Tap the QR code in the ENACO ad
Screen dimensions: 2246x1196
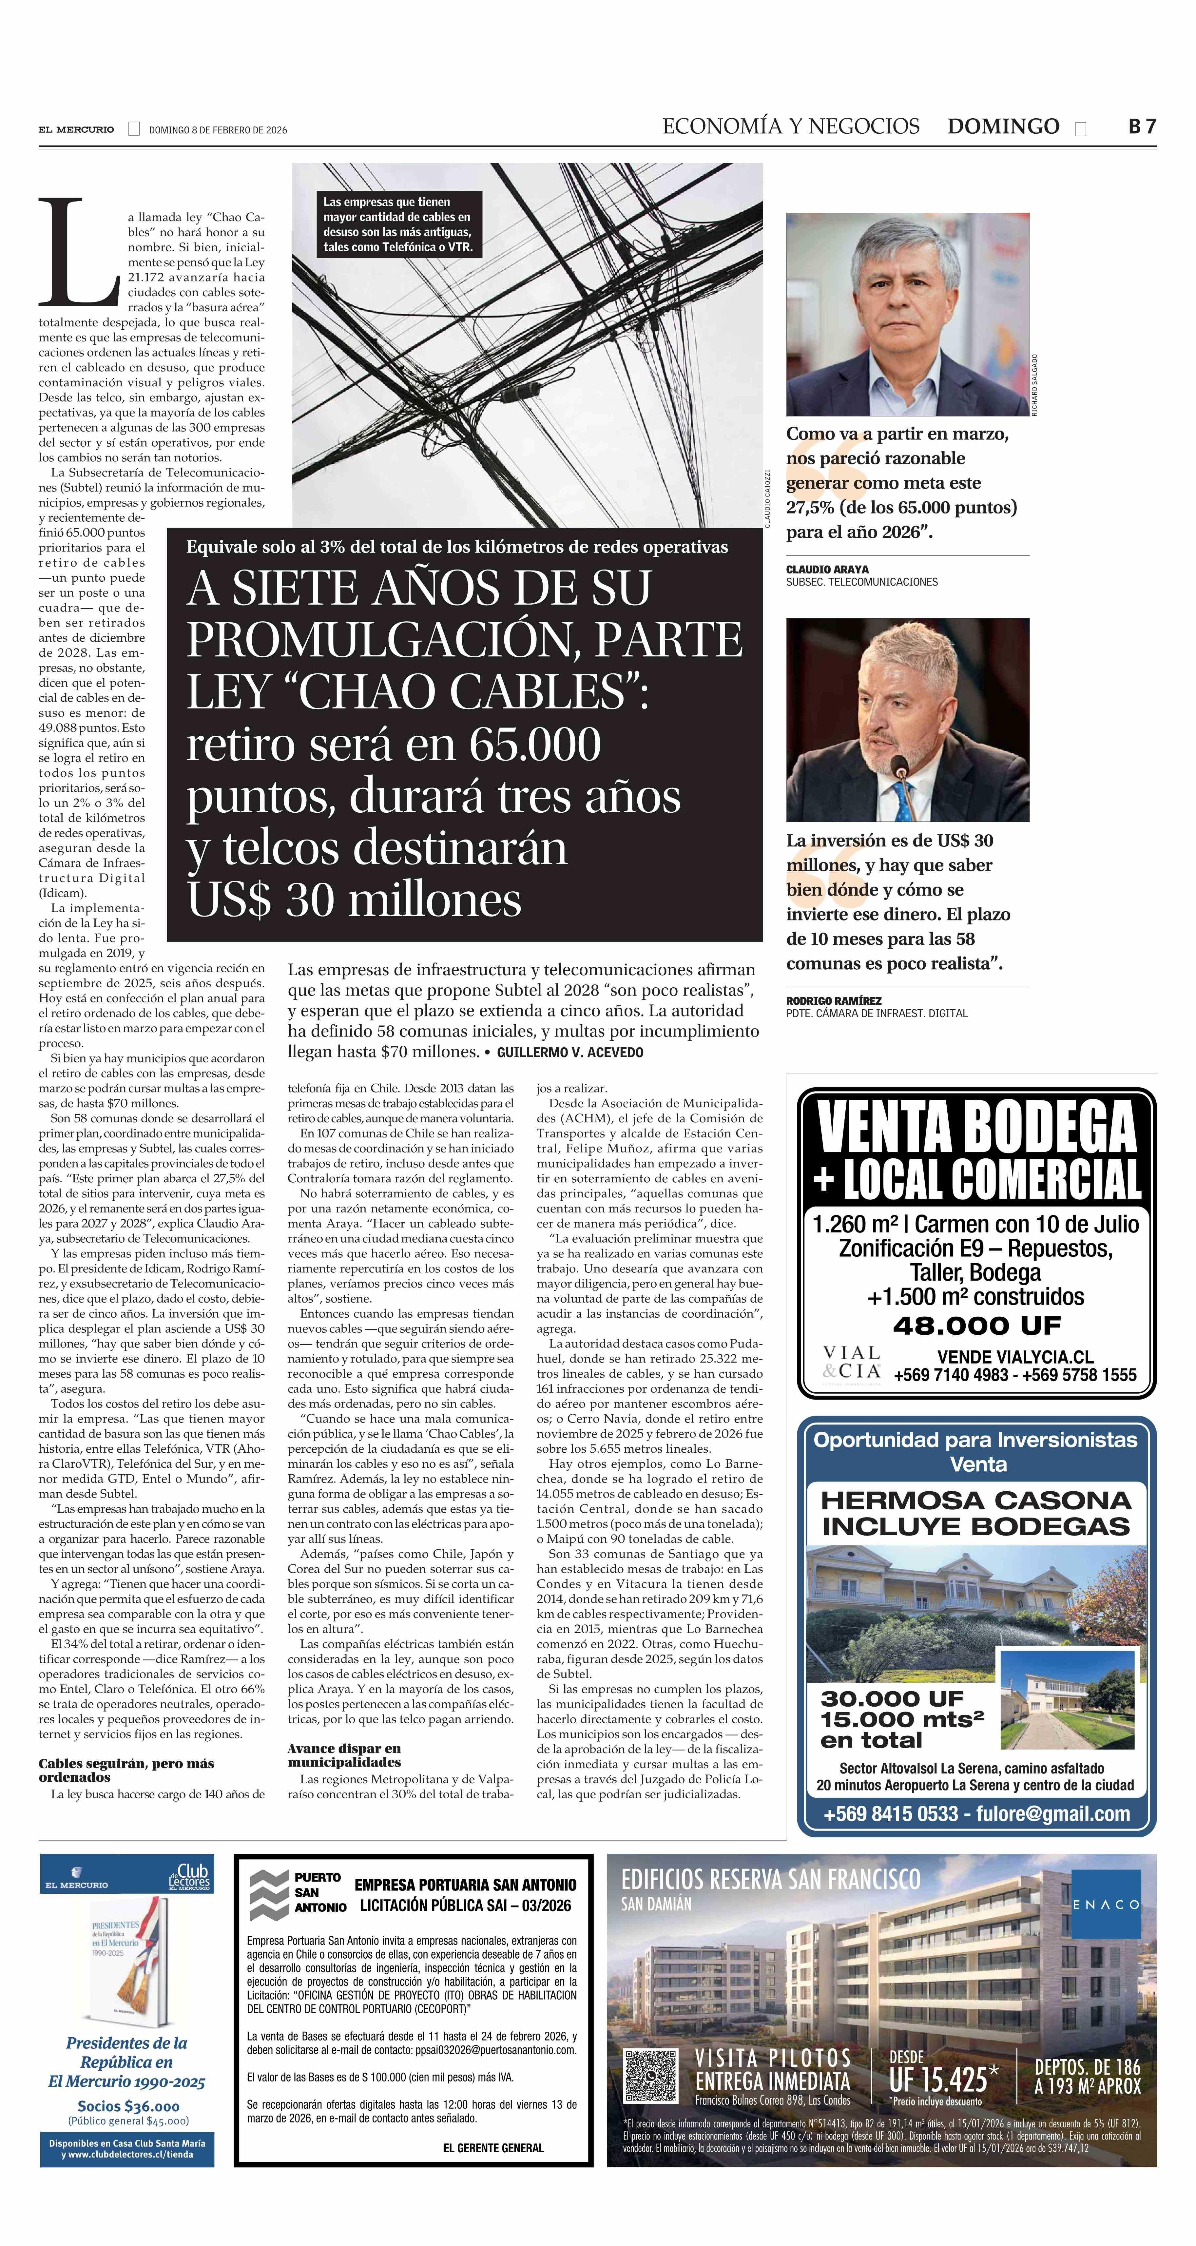tap(650, 2077)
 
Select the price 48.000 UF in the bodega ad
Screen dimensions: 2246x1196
tap(976, 1326)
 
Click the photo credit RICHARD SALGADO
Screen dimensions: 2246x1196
tap(1035, 384)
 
